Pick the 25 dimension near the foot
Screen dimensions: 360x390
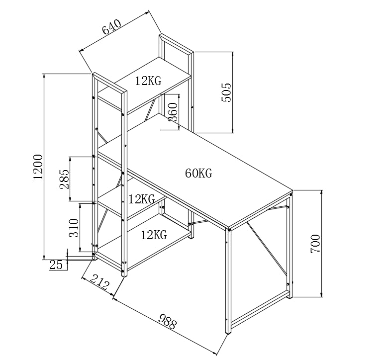(x=56, y=265)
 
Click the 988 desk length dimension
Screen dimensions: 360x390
(x=167, y=322)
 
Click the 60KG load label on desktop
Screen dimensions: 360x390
(x=198, y=174)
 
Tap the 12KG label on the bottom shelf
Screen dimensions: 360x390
(x=153, y=235)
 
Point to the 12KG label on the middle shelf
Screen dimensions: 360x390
(x=142, y=199)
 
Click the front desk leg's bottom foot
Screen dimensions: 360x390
(x=229, y=332)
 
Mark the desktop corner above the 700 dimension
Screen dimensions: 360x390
(x=292, y=191)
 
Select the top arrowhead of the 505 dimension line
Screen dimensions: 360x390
(x=232, y=53)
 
